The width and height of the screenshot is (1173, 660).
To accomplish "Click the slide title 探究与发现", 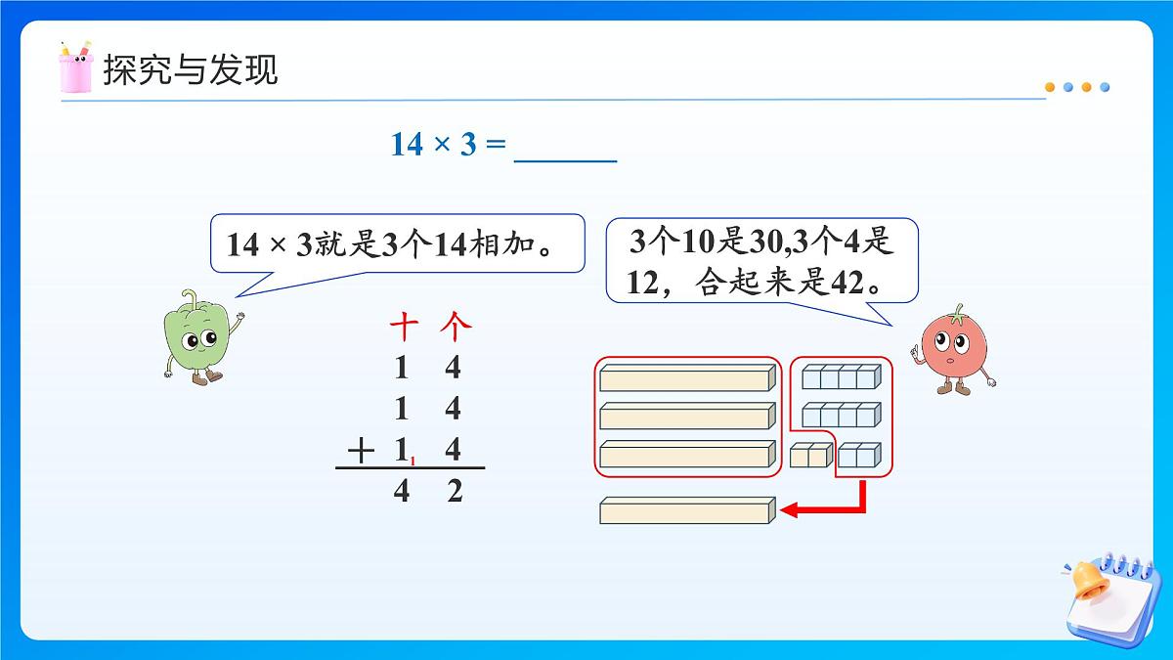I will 191,69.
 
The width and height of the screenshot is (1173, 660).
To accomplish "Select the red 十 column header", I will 402,326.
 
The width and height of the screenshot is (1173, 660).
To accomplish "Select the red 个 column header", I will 455,326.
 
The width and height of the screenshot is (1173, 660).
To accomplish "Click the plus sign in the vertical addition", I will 361,450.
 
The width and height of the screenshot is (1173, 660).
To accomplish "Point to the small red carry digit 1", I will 413,461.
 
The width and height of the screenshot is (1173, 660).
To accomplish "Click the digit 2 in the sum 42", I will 454,492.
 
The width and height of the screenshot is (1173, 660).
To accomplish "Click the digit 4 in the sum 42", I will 401,492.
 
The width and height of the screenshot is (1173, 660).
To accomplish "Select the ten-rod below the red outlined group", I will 687,510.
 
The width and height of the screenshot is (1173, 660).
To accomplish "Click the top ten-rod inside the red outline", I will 687,378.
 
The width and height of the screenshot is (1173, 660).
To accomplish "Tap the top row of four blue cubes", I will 842,376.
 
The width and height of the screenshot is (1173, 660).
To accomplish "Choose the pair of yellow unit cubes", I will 811,455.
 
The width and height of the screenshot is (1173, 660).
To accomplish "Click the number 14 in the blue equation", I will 407,145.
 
